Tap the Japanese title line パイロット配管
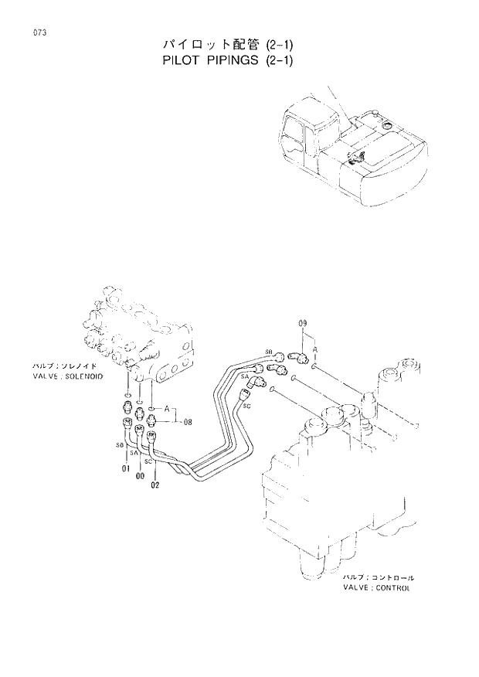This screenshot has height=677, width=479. pos(201,43)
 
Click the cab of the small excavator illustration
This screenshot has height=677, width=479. pos(305,134)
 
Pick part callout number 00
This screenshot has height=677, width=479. pos(140,477)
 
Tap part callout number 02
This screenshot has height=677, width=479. pos(155,485)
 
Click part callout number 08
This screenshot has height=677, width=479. pos(187,422)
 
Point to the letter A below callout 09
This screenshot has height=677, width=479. pos(315,349)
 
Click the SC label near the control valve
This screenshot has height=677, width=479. pos(246,403)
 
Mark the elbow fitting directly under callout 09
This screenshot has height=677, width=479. pos(298,356)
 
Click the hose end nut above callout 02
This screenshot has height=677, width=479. pos(151,436)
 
